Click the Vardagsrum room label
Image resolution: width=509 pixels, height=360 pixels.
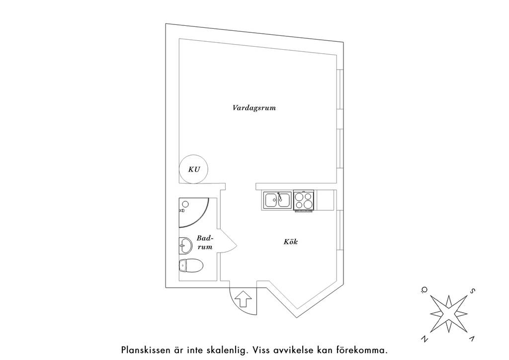point(254,108)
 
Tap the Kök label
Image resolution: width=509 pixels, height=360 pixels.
point(290,242)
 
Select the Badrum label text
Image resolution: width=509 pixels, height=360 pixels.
point(205,243)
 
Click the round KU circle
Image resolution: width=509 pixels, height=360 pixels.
point(194,169)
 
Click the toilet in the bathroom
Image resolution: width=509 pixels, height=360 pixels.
point(191,266)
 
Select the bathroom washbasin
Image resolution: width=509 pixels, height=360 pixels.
point(185,246)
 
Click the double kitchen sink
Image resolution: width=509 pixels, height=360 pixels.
point(277,199)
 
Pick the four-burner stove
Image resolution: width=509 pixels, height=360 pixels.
point(304,200)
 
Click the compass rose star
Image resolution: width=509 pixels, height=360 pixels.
point(449,314)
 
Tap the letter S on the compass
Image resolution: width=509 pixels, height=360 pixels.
point(473,291)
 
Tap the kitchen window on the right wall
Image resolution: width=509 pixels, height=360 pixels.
point(339,230)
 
